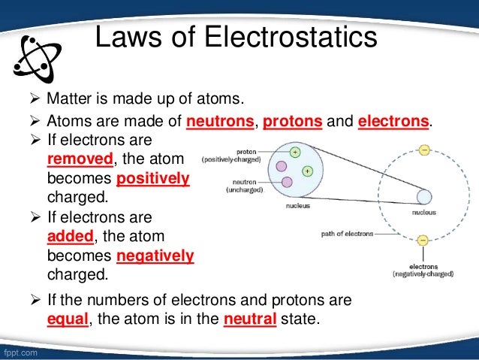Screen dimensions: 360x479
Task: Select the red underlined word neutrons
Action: [219, 122]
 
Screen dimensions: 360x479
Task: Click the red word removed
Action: [80, 159]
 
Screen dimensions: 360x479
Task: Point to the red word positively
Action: [154, 180]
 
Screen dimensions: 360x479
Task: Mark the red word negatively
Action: [156, 256]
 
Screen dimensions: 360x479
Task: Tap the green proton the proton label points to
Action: [295, 152]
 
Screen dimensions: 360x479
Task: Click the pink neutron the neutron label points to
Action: [287, 182]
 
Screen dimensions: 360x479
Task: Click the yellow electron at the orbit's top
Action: [423, 150]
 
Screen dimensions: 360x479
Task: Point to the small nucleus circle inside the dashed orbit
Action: [423, 197]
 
